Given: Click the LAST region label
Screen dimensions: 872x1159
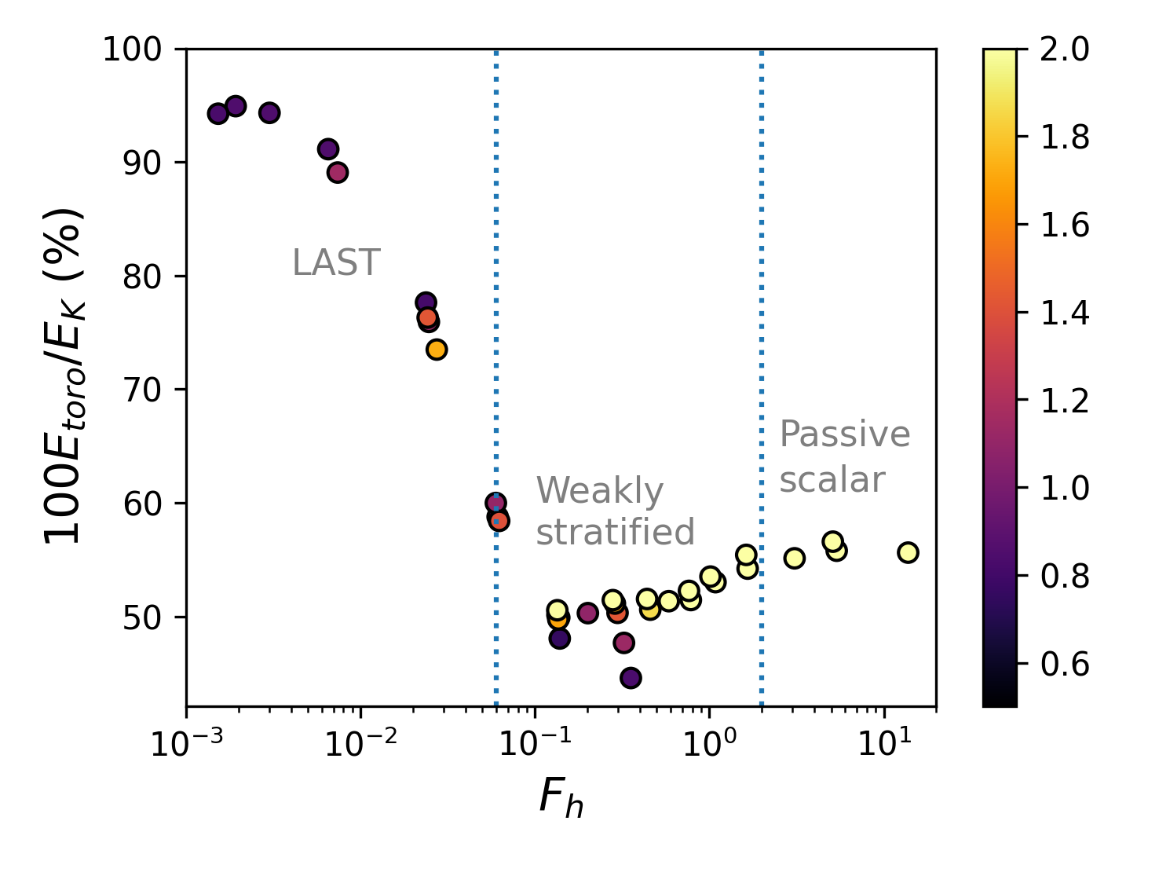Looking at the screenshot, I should (x=336, y=263).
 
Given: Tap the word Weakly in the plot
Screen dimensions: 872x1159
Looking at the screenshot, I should (x=600, y=492).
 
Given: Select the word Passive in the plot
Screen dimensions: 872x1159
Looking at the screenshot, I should (x=844, y=434).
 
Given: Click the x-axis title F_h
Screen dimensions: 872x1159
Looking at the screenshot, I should (x=561, y=798).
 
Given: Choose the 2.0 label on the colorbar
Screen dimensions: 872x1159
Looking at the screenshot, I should (x=1065, y=49).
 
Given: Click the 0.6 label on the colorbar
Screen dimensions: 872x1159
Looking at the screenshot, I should (x=1065, y=664).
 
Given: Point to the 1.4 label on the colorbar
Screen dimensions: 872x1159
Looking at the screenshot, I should (x=1065, y=313).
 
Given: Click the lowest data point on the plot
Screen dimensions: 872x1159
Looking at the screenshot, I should (x=631, y=678).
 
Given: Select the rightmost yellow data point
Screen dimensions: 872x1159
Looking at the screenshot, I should (x=908, y=552).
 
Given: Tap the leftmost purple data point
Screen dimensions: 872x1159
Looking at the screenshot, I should (x=218, y=114).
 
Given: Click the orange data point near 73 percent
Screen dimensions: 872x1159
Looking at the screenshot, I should (x=437, y=350).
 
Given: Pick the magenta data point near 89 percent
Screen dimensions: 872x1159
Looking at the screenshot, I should (x=338, y=173).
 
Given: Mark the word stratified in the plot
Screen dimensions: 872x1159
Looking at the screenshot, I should (x=616, y=533).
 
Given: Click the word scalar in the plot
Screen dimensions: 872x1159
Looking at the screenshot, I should (x=832, y=480).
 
